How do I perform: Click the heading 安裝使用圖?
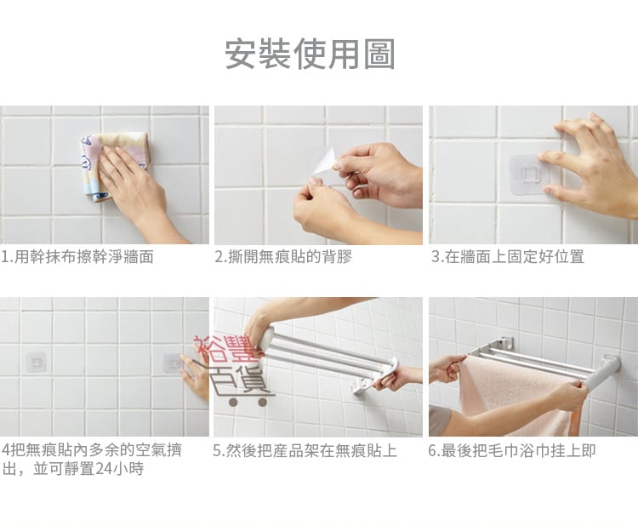(310, 54)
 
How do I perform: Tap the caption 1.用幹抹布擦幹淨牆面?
(77, 257)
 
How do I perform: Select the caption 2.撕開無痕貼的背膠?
(283, 257)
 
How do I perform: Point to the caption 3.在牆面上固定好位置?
(508, 257)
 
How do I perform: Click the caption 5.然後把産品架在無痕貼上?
(305, 451)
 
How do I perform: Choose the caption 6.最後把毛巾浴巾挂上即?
(512, 451)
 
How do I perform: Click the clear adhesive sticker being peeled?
(324, 163)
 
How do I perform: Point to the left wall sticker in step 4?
(37, 362)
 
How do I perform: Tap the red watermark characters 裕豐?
(226, 349)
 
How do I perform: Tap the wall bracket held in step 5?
(364, 385)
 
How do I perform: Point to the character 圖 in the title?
(379, 54)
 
